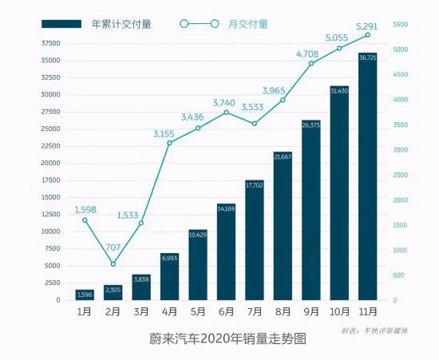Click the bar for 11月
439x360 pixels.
368,176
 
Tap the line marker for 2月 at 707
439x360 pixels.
113,264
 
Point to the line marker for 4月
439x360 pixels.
170,143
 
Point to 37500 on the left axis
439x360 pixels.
49,43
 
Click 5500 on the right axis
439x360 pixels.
401,26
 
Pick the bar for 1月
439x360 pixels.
85,295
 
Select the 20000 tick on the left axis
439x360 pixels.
49,163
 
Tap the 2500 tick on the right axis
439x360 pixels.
401,175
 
